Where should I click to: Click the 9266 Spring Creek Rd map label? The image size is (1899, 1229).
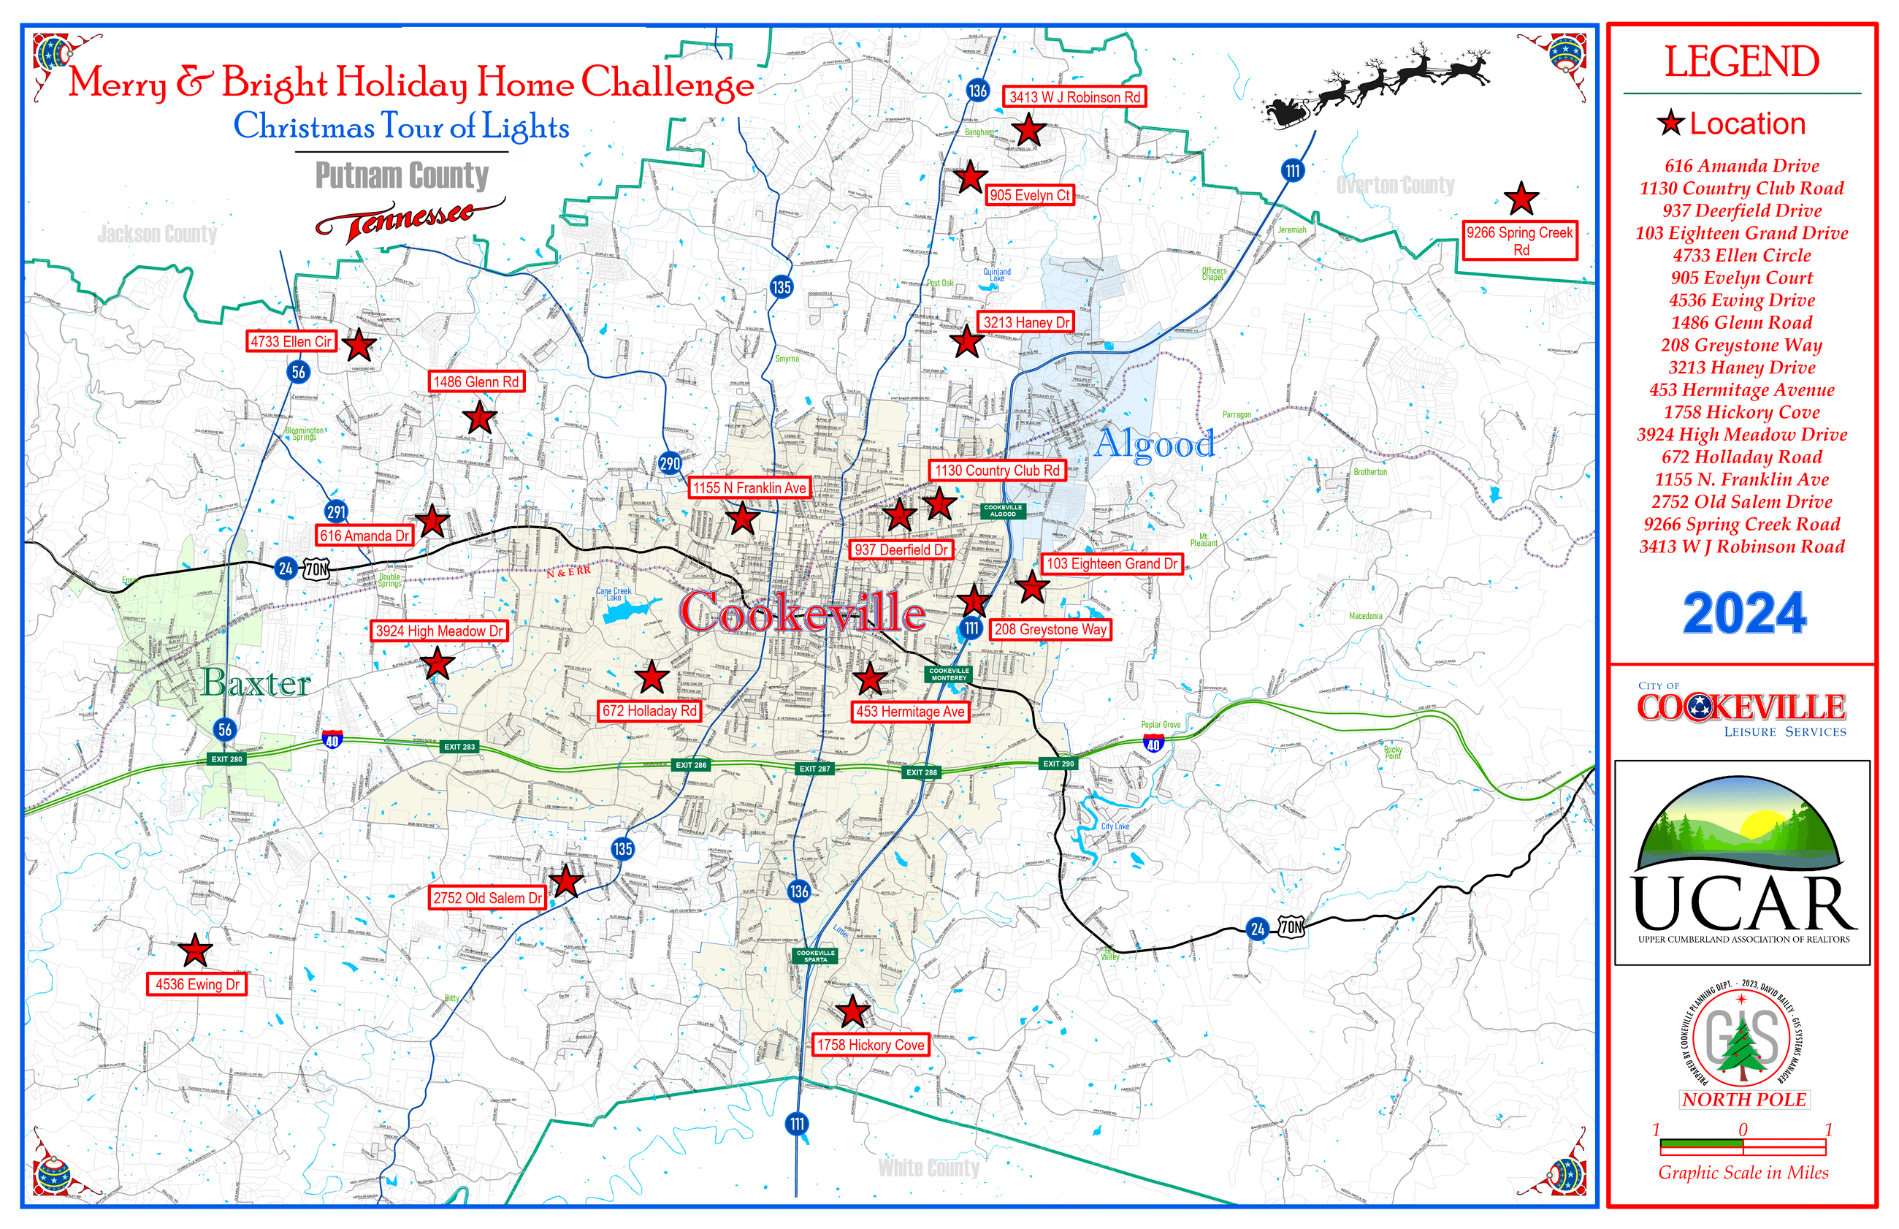click(1519, 240)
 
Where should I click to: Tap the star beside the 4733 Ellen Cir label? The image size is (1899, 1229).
click(359, 345)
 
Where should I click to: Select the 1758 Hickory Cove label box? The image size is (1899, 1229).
click(870, 1045)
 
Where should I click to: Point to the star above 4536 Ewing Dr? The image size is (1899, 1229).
click(194, 950)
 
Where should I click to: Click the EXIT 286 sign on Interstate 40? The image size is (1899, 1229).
click(691, 764)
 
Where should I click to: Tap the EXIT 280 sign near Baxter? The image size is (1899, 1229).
click(226, 759)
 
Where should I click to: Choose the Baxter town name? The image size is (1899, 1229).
click(255, 683)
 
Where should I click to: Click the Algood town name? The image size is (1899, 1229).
click(1154, 444)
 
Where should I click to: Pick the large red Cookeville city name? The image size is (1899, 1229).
click(801, 613)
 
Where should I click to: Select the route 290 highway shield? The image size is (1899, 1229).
click(670, 463)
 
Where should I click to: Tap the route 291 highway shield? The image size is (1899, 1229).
click(337, 511)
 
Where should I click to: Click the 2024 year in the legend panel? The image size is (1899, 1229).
click(1744, 613)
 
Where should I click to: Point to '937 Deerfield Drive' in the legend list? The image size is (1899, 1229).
click(1741, 210)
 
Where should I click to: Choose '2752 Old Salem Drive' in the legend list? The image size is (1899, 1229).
click(1741, 502)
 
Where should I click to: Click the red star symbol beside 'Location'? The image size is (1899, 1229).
click(1670, 123)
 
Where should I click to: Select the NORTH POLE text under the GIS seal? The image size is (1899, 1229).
click(1743, 1100)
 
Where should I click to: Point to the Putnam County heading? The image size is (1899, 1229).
click(401, 175)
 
